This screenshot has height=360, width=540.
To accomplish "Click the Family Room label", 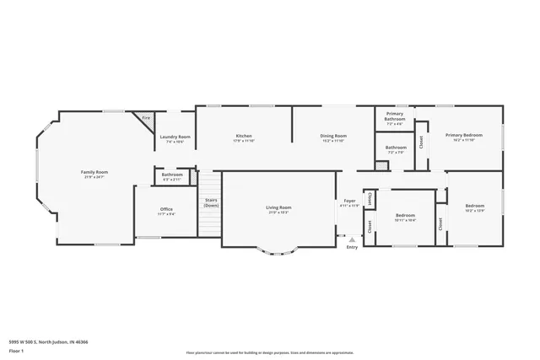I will click(94, 172).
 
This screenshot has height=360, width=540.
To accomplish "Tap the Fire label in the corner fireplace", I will click(146, 118).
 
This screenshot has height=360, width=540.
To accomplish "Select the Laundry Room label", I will click(175, 137).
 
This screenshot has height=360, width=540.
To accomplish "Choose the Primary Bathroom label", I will click(395, 117).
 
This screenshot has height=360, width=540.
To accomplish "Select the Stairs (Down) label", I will click(211, 202).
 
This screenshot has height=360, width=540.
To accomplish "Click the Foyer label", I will click(349, 202).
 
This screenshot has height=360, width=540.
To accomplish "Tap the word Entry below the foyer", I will click(352, 247).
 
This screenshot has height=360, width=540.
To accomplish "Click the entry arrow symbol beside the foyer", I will click(351, 239).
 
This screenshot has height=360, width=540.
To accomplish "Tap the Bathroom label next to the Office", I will click(172, 175).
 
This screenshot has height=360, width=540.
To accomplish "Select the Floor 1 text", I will click(16, 350).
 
